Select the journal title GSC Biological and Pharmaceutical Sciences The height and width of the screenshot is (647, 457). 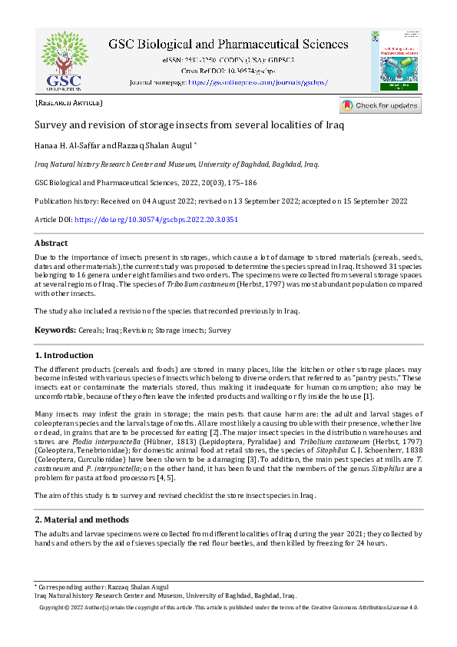point(228,44)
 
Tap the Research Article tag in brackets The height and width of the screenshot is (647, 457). point(69,103)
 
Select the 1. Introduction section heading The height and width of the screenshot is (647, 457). point(65,356)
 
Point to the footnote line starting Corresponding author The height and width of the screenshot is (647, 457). point(104,587)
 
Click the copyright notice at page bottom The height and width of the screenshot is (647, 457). point(228,607)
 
